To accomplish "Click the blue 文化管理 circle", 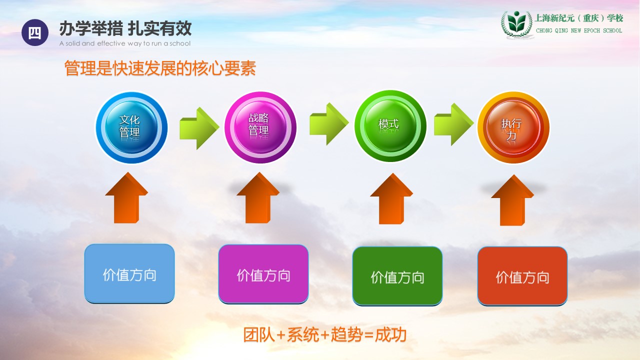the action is (131, 127).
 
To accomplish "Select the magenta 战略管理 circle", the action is (260, 127).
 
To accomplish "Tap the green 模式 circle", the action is (390, 126).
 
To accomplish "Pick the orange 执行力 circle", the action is (513, 127).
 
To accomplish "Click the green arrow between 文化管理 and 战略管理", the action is (199, 128).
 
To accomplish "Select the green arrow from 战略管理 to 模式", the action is (329, 124).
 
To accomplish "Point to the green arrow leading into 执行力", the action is (453, 124).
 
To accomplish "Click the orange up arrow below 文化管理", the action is (126, 197).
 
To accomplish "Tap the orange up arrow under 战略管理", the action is (258, 197).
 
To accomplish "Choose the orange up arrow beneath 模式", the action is (391, 199).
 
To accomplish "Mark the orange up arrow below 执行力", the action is (512, 200).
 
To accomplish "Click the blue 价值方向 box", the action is (129, 273).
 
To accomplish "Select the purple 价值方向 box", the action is (263, 274).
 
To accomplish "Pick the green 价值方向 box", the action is (397, 276).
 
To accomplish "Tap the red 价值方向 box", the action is (522, 276).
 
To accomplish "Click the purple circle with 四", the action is (35, 32).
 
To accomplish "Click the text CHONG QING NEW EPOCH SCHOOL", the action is (579, 30).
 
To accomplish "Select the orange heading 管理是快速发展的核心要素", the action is (160, 68).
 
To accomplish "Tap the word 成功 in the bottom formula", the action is (390, 334).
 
